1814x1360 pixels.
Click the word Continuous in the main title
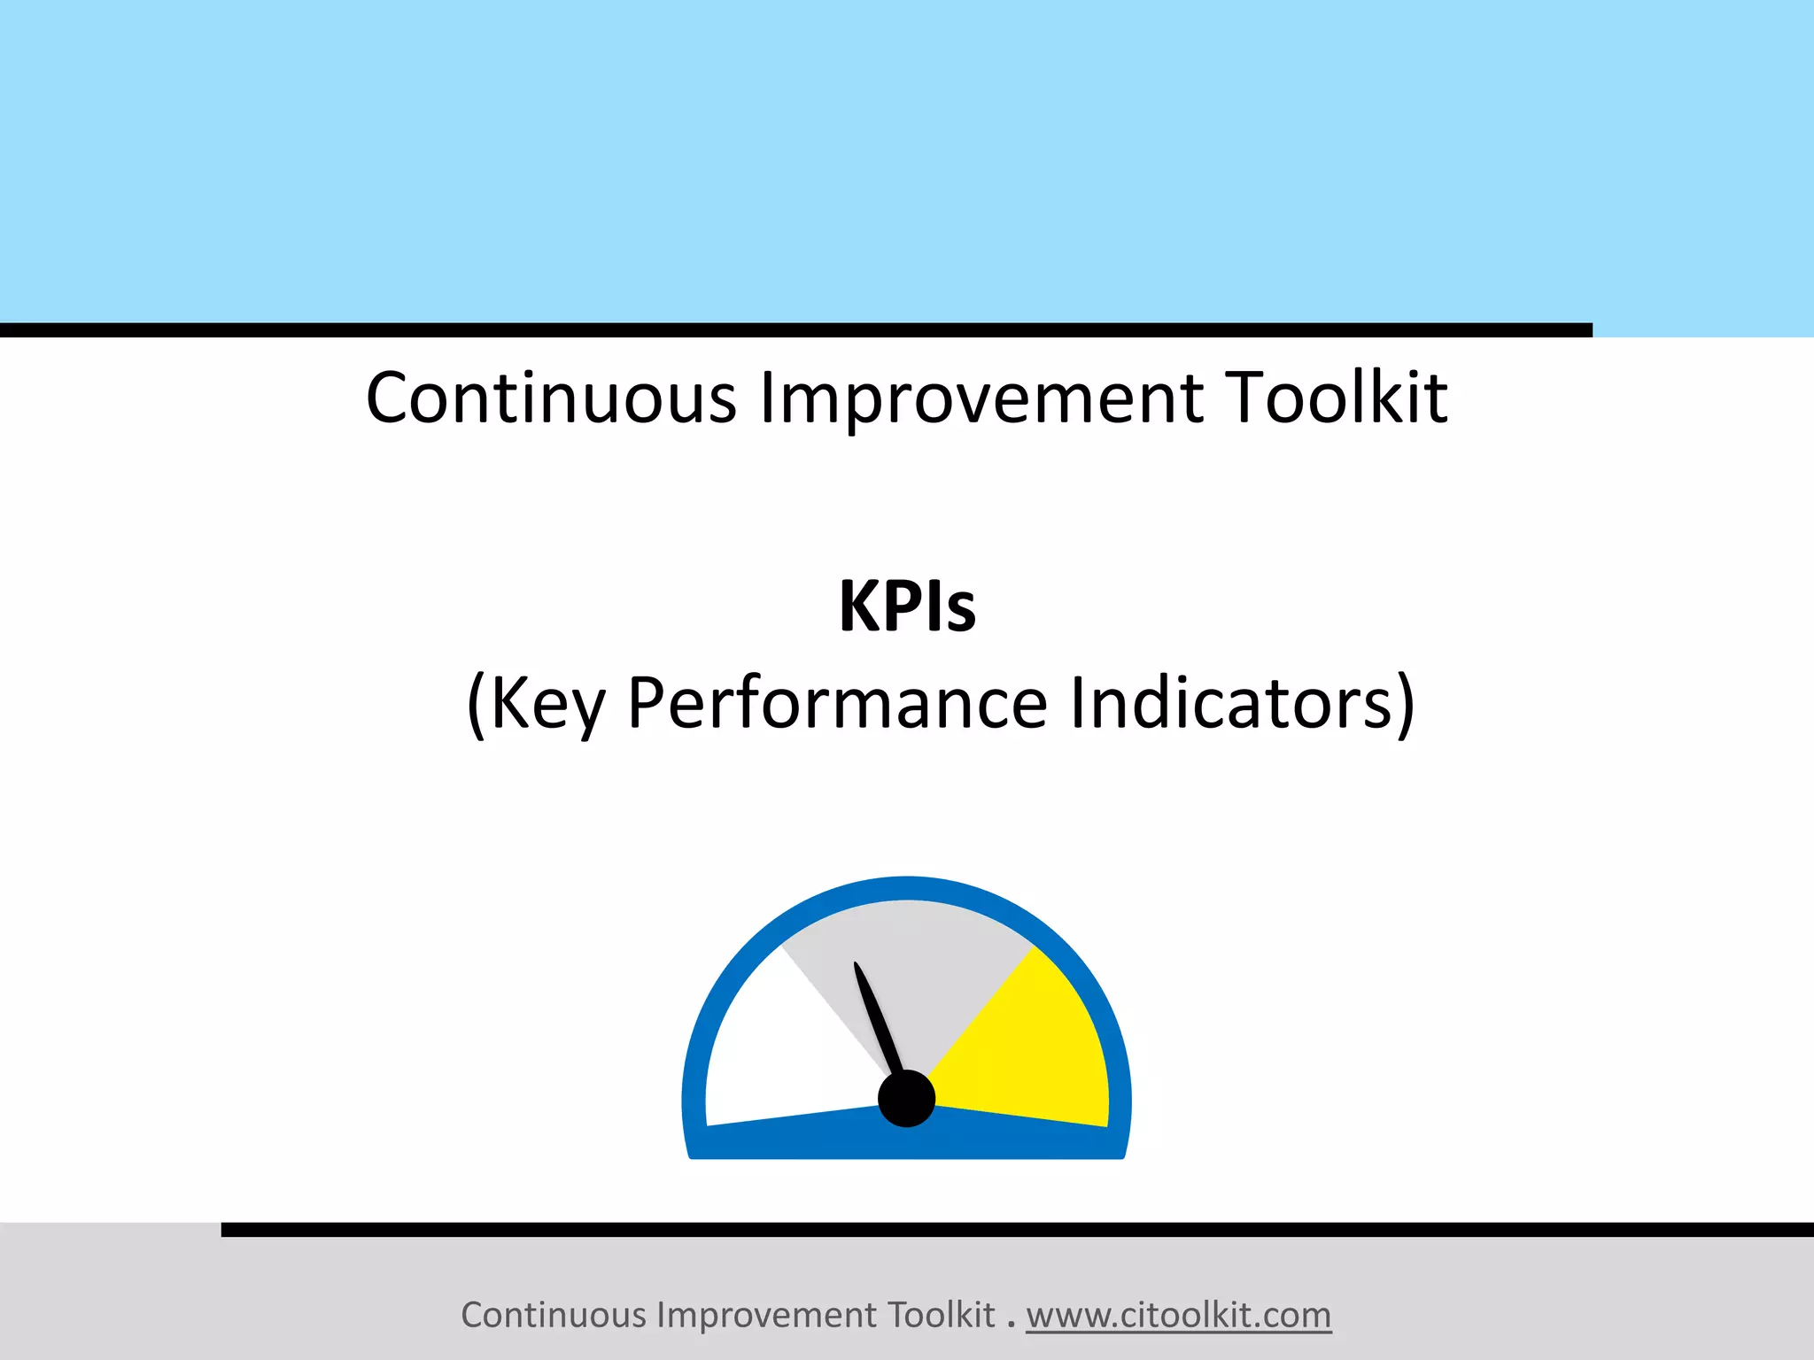(551, 398)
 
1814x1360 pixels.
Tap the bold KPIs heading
(907, 607)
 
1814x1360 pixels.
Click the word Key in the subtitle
(547, 704)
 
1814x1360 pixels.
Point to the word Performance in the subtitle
(837, 704)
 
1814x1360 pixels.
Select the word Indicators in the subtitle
(1231, 704)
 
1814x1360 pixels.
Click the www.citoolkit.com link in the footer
(1178, 1315)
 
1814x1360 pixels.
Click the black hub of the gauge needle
(906, 1098)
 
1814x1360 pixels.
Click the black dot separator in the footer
(1011, 1324)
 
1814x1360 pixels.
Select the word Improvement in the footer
(768, 1315)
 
